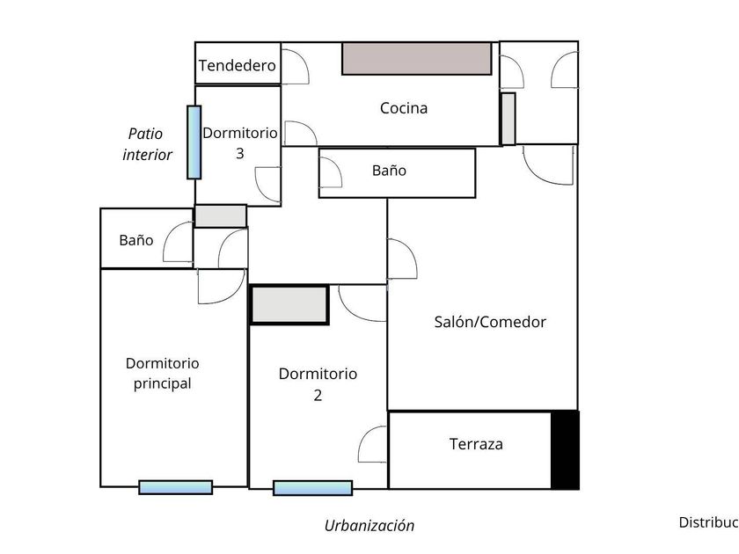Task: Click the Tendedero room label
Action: pyautogui.click(x=238, y=65)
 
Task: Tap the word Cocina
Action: pyautogui.click(x=404, y=108)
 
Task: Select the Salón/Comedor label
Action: pyautogui.click(x=490, y=322)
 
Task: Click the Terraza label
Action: pyautogui.click(x=476, y=444)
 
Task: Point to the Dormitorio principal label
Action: pyautogui.click(x=163, y=373)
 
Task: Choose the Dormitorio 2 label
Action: pyautogui.click(x=318, y=384)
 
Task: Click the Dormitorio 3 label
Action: pyautogui.click(x=240, y=142)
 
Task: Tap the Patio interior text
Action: pyautogui.click(x=147, y=144)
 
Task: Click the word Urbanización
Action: pyautogui.click(x=369, y=526)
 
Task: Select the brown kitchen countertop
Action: pyautogui.click(x=417, y=58)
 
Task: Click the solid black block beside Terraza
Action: pyautogui.click(x=565, y=449)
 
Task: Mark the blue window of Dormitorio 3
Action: pyautogui.click(x=194, y=142)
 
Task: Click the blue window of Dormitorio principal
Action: pyautogui.click(x=176, y=487)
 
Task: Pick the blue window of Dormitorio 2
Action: pyautogui.click(x=312, y=488)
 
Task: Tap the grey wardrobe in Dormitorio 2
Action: pyautogui.click(x=289, y=304)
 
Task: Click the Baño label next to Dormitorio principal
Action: pyautogui.click(x=136, y=239)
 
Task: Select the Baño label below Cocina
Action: pyautogui.click(x=389, y=171)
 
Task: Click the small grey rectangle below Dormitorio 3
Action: pyautogui.click(x=220, y=215)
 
